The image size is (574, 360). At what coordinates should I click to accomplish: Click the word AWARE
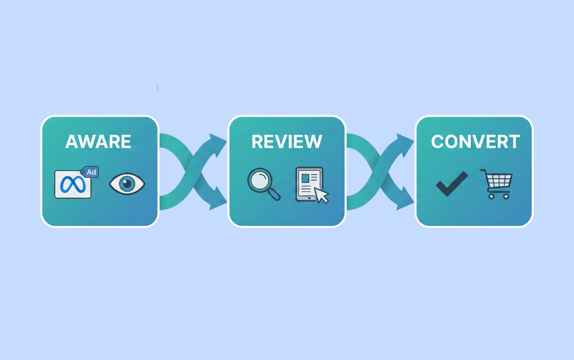[x=98, y=142]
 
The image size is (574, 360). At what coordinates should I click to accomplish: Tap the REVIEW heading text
[x=286, y=142]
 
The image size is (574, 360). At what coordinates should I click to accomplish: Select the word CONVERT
[x=475, y=142]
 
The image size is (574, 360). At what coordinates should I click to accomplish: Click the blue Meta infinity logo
[x=72, y=185]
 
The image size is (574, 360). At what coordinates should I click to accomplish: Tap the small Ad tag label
[x=90, y=172]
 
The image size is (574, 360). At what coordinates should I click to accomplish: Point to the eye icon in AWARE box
[x=127, y=183]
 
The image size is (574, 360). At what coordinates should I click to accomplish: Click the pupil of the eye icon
[x=127, y=183]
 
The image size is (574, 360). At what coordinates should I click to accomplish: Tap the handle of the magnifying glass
[x=274, y=196]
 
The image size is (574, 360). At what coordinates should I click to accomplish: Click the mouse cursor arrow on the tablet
[x=321, y=195]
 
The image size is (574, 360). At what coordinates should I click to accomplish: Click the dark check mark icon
[x=451, y=183]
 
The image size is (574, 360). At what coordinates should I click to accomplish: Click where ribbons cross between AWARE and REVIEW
[x=193, y=171]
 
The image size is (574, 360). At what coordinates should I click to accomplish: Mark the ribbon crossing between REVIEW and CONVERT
[x=380, y=171]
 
